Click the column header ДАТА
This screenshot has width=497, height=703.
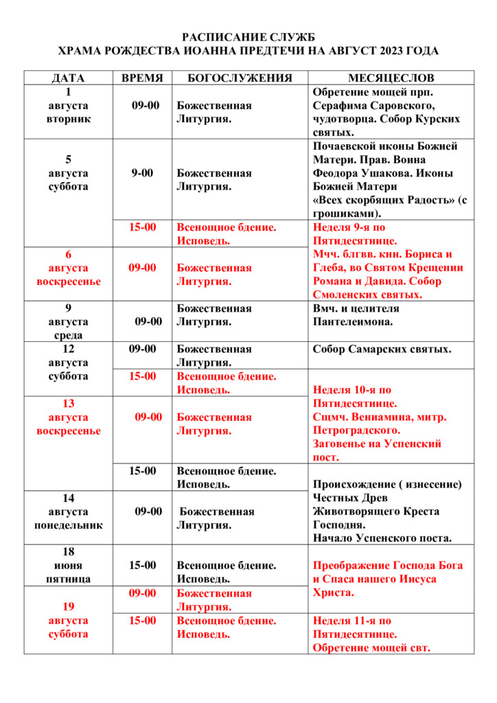pos(68,78)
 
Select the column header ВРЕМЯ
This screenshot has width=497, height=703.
pos(142,78)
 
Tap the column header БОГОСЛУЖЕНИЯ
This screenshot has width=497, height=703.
pos(240,78)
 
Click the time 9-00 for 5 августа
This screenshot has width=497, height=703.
pos(142,173)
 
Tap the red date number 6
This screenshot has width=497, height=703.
pos(68,254)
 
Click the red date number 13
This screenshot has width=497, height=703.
pos(68,403)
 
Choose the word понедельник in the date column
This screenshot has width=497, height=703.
pos(68,525)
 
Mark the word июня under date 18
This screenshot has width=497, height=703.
pos(68,566)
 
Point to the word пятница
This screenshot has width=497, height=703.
pos(68,579)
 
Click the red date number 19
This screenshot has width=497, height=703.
pos(68,606)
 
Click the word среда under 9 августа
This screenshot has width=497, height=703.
pos(68,335)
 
